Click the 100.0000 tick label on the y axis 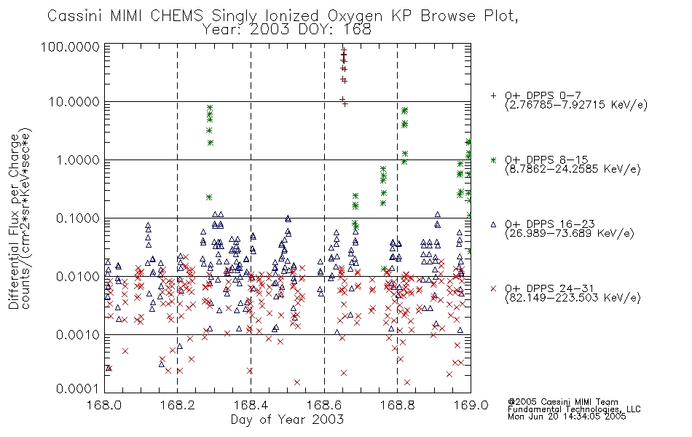(71, 47)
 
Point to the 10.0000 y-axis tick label (74, 102)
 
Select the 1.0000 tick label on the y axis (78, 160)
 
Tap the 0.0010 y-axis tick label (78, 334)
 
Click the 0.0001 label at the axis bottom (78, 388)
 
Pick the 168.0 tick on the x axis (104, 405)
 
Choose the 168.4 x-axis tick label (251, 405)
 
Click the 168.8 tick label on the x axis (397, 405)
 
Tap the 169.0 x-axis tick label (471, 405)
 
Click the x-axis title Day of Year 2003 (287, 420)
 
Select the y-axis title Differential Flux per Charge (14, 221)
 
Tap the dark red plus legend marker (493, 95)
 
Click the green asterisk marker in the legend (493, 160)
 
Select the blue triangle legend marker (493, 224)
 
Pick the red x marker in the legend (493, 288)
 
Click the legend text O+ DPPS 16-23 (550, 224)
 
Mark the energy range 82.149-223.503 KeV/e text (573, 298)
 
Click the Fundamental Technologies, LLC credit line (574, 409)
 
